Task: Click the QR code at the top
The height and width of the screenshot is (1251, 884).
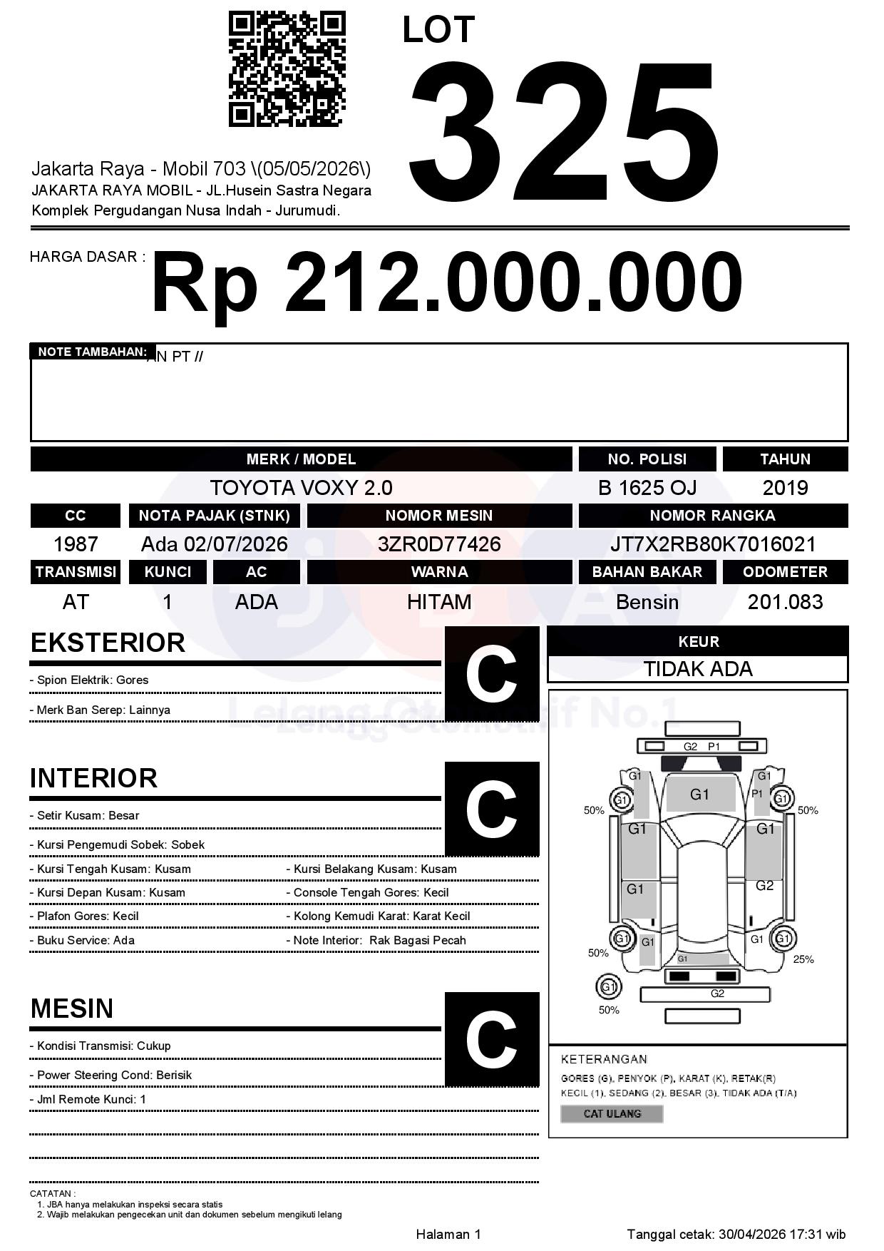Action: tap(287, 69)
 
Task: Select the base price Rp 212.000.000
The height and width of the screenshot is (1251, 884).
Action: tap(446, 283)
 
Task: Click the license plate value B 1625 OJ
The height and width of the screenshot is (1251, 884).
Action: tap(647, 488)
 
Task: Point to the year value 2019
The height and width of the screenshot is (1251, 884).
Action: tap(785, 488)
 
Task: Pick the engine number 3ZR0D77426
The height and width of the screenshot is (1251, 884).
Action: tap(439, 544)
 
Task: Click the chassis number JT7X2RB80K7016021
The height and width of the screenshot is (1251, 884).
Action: tap(713, 544)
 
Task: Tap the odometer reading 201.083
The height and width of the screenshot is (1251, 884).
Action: tap(785, 602)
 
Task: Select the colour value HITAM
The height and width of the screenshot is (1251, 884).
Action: tap(439, 602)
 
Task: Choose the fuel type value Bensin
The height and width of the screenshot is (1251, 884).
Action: tap(647, 602)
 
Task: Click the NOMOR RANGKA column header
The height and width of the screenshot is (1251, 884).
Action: tap(713, 516)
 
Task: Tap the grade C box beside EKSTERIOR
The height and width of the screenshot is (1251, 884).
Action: tap(492, 674)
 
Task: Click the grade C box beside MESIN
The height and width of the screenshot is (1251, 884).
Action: tap(492, 1038)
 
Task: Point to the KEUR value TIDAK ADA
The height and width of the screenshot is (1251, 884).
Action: tap(698, 669)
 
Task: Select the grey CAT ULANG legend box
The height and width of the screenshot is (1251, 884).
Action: tap(612, 1113)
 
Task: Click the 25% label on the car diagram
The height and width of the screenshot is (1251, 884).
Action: tap(803, 959)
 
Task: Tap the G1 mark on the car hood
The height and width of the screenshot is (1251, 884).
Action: tap(699, 795)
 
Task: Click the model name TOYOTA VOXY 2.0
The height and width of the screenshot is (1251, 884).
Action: tap(301, 488)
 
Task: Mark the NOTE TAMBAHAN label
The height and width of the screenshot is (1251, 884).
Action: tap(92, 352)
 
